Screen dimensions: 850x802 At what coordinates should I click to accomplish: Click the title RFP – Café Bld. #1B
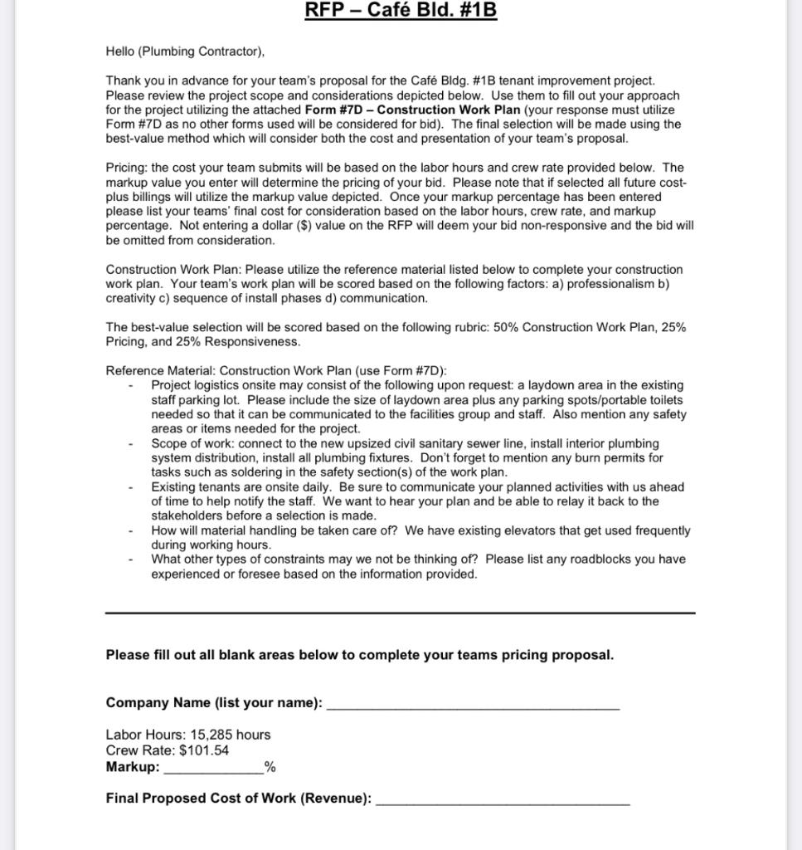point(401,11)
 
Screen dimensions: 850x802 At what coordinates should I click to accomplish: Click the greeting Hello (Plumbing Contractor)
point(185,51)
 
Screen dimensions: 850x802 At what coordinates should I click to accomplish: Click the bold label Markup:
point(133,767)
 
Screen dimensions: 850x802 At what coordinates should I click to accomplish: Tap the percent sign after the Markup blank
point(270,768)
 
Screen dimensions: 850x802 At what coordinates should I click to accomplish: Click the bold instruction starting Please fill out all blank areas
point(360,655)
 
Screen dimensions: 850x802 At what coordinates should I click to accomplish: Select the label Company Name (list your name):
point(214,703)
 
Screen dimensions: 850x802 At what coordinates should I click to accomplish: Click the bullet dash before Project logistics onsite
point(131,386)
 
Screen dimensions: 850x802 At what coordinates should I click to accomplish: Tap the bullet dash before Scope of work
point(131,444)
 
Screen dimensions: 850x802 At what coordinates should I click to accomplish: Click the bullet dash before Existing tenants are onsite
point(131,487)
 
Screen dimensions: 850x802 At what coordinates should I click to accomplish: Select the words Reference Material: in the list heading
point(161,371)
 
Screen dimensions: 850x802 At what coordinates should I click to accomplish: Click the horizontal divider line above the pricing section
point(401,613)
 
